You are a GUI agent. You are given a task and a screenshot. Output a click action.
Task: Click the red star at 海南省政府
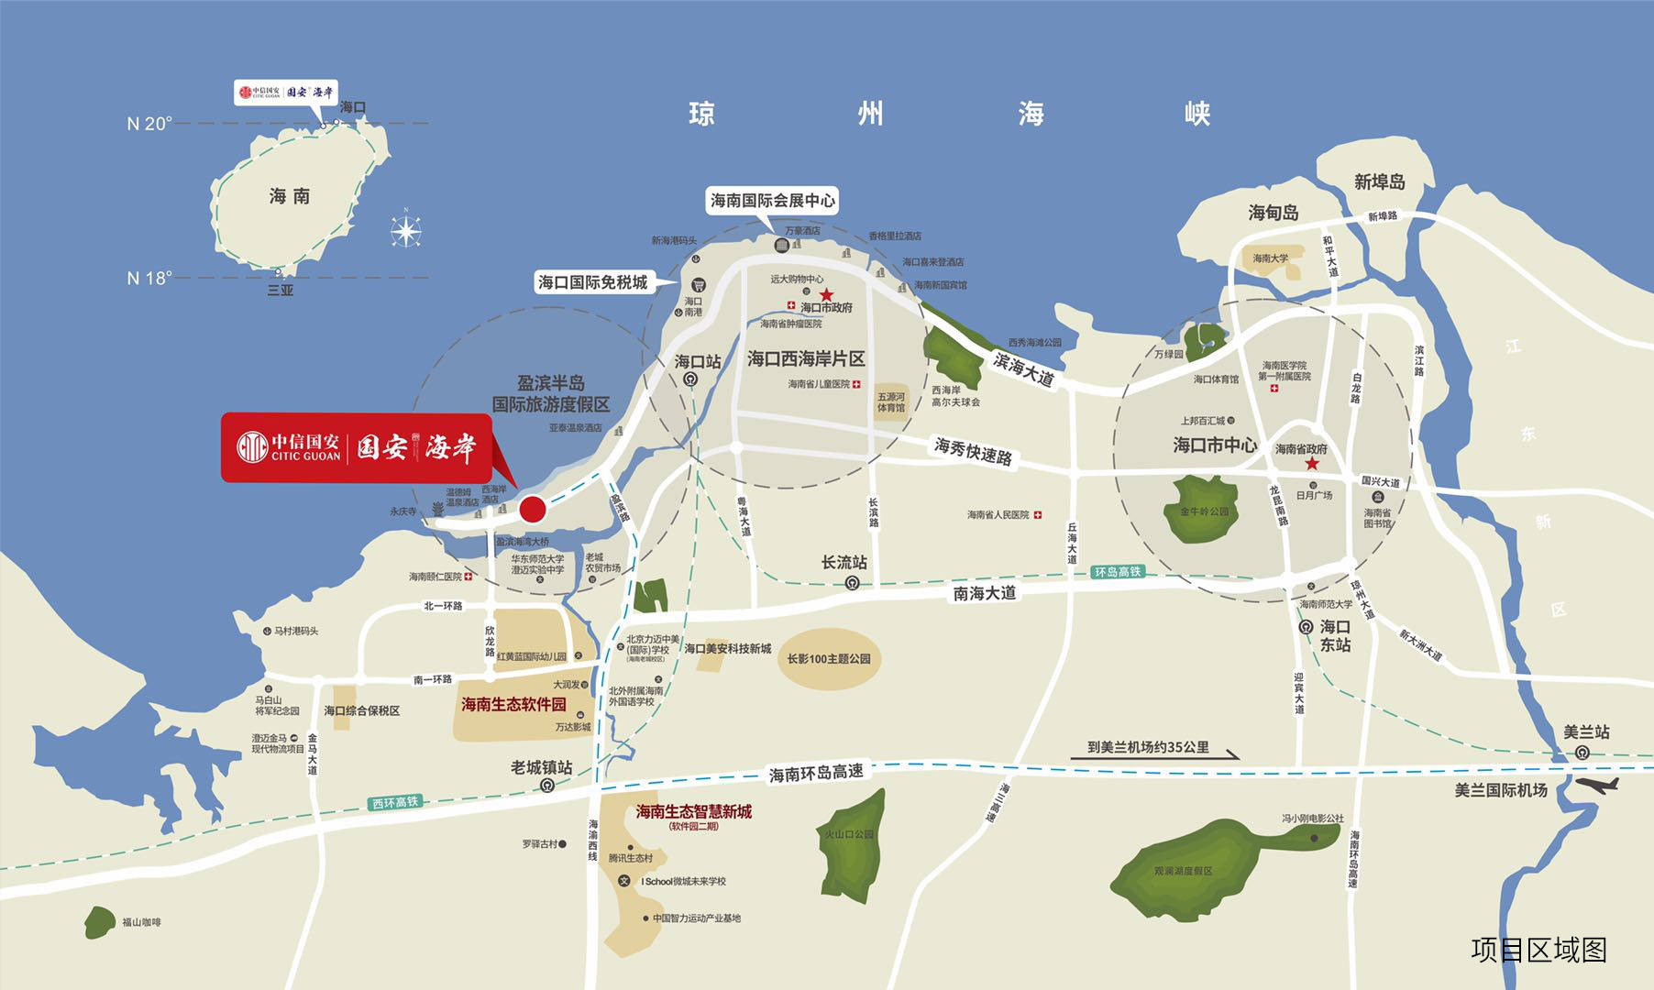coord(1312,464)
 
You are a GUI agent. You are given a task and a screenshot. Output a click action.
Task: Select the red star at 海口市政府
coord(826,294)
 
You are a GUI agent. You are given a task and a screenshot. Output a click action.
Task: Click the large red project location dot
coord(533,508)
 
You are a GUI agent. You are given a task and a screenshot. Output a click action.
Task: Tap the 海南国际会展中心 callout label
coord(773,200)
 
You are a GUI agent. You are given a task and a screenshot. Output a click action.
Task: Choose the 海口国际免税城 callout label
coord(592,282)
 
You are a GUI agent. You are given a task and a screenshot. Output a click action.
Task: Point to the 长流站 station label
coord(844,562)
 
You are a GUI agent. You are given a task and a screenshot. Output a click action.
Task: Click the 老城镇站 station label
coord(541,767)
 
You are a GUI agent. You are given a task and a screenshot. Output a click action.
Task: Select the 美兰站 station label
coord(1586,731)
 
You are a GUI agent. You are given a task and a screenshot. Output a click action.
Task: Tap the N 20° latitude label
coord(149,124)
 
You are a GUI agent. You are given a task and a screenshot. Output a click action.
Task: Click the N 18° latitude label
coord(149,278)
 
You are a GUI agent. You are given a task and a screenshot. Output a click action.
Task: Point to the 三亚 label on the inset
coord(280,291)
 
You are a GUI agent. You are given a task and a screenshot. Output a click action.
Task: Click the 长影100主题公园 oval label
coord(829,658)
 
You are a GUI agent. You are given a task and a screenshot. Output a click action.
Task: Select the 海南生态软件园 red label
coord(513,705)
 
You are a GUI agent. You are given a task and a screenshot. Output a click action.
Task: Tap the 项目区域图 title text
coord(1538,950)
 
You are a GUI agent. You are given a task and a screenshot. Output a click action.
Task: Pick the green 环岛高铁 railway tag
coord(1118,572)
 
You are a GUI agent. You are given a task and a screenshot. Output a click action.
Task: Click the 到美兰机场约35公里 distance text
coord(1148,747)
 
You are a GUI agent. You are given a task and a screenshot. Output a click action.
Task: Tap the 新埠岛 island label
coord(1379,181)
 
